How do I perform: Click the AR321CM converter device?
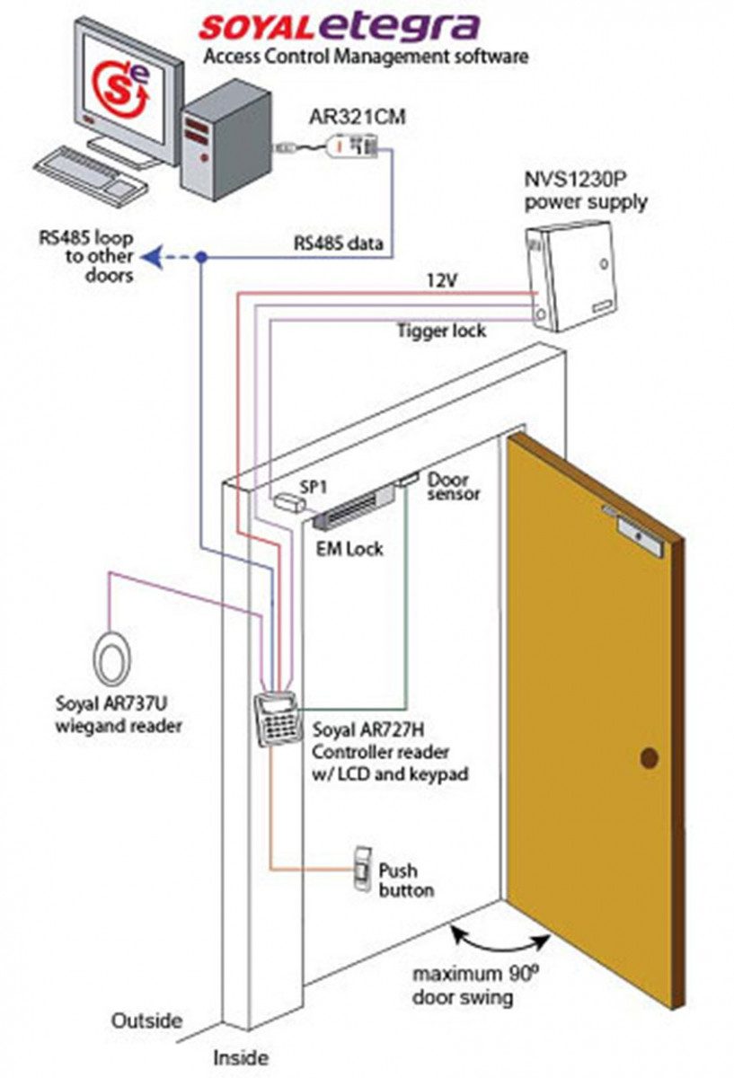[x=353, y=144]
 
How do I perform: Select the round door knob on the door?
[x=649, y=759]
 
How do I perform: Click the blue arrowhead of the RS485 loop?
[x=154, y=258]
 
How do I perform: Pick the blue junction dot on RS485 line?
[x=203, y=258]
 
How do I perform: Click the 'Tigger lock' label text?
[x=441, y=331]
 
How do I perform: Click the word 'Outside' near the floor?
[x=146, y=1021]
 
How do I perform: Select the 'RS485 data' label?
[x=339, y=243]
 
